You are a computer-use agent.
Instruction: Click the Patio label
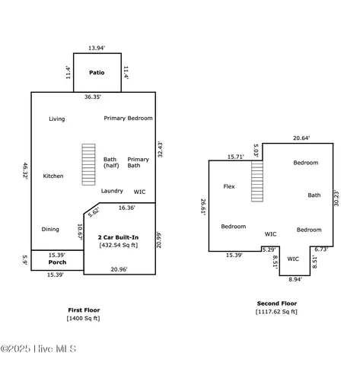97,73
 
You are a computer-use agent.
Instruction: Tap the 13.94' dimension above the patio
97,48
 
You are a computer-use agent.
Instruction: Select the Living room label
57,119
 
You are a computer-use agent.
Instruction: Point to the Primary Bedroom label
129,118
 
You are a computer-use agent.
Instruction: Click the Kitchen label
53,176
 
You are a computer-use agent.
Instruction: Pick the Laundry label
112,191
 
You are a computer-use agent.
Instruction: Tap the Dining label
50,229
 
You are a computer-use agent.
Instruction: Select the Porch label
57,262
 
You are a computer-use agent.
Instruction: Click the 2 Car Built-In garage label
118,238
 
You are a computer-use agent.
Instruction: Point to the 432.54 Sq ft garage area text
118,246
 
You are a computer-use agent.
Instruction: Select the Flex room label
229,186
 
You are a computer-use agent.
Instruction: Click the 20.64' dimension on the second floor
301,138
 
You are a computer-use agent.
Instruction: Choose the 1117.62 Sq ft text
277,311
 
